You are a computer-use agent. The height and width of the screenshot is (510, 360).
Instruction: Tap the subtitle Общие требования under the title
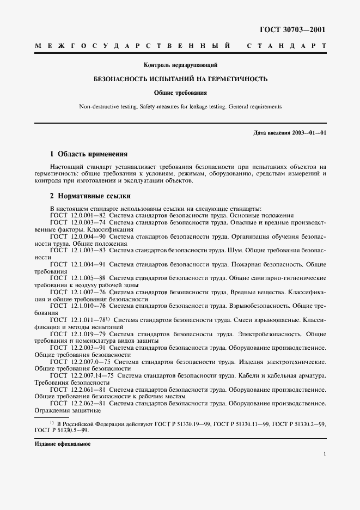180,93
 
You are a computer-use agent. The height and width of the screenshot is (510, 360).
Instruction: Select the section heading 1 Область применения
88,154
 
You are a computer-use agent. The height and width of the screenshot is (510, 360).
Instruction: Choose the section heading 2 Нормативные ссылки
90,196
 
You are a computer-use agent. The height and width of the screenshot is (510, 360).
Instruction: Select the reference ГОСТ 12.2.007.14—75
81,376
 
